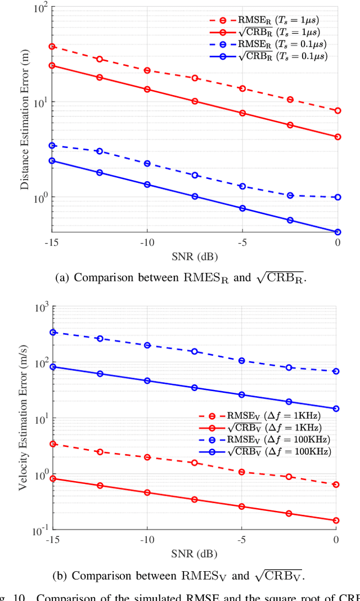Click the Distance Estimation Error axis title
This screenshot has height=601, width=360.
click(x=25, y=120)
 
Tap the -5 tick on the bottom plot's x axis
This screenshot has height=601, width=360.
click(x=241, y=539)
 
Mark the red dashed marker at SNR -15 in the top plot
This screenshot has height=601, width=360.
click(x=52, y=46)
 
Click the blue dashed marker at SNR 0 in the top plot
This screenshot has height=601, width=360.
click(x=337, y=197)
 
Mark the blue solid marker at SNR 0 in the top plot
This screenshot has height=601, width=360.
click(x=337, y=232)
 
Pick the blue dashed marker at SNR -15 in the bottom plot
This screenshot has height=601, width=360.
click(x=53, y=332)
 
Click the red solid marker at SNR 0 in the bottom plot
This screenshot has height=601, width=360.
click(x=336, y=521)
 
